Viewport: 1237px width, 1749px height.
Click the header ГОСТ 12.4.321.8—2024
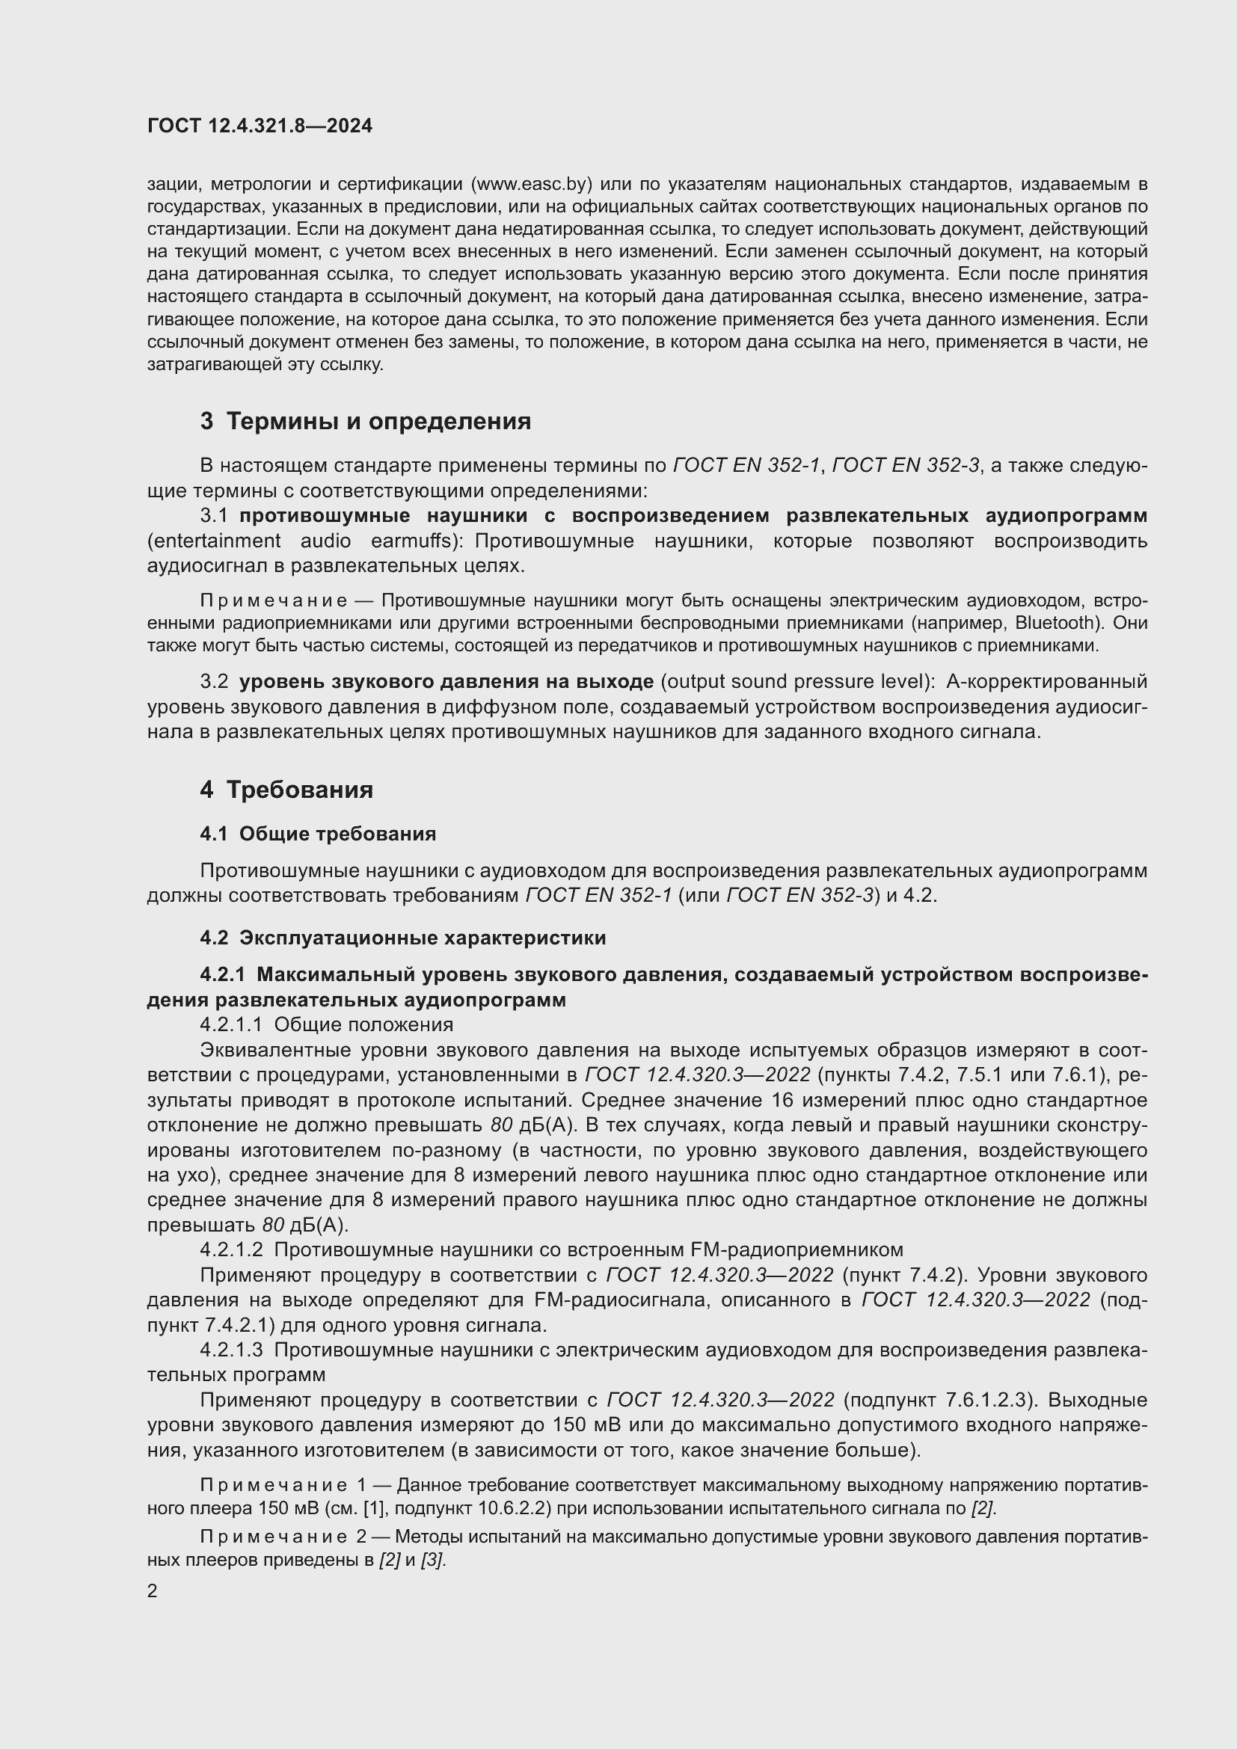pos(260,126)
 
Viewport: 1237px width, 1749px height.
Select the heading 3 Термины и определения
pos(365,421)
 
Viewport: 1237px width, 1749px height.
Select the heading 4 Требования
pos(286,789)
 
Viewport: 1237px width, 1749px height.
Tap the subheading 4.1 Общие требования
pos(318,834)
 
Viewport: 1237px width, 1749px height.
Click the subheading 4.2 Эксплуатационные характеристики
pos(403,938)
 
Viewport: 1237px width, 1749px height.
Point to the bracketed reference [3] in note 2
pos(432,1560)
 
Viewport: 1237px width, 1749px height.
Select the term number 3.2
pos(214,681)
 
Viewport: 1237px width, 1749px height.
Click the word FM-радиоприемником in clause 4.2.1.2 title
pos(796,1250)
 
